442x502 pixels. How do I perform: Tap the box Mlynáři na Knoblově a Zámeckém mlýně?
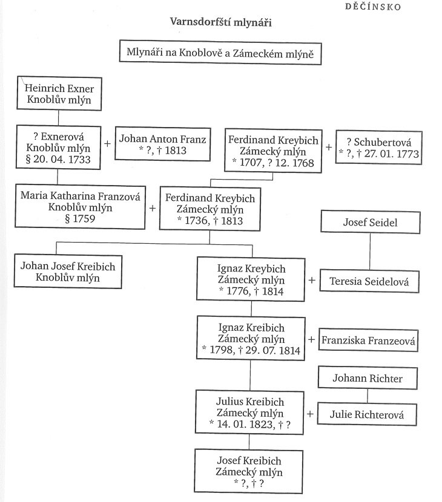(x=219, y=53)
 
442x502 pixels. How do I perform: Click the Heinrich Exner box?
(x=58, y=94)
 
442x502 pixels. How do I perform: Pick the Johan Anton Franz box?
(x=162, y=145)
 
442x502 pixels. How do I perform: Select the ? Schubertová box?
(x=378, y=146)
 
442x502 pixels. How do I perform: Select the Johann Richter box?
(x=367, y=379)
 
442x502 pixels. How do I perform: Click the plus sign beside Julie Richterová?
(x=311, y=414)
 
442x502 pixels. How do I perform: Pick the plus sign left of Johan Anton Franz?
(x=108, y=144)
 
